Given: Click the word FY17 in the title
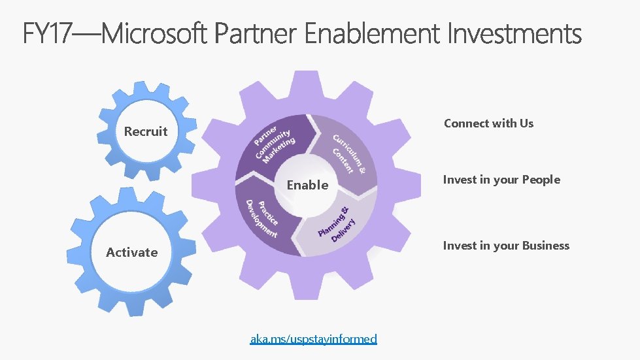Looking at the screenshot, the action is coord(49,33).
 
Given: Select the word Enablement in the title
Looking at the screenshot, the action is coord(373,33).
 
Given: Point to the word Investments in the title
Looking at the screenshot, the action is coord(514,33).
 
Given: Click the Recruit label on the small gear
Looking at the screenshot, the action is coord(146,131).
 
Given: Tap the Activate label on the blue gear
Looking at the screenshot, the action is coord(132,252).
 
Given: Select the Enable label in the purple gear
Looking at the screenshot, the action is coord(307,185).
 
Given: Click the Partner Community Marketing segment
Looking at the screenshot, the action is coord(275,144).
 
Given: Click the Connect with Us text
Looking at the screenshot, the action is coord(488,123).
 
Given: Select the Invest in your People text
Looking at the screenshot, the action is coord(501,180).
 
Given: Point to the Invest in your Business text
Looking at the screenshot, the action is coord(506,246).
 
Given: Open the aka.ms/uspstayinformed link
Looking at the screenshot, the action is coord(314,338).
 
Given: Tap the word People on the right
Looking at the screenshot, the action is coord(541,180).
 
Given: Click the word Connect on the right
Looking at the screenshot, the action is coord(466,123).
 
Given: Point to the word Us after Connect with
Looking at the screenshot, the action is coord(526,123).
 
